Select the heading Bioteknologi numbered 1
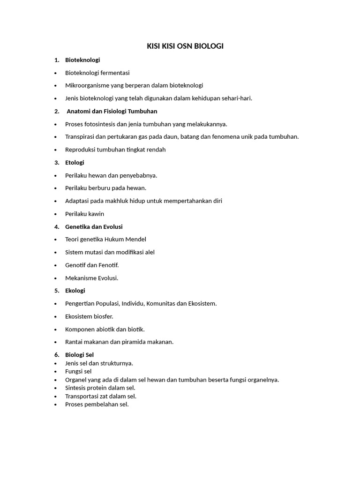[82, 60]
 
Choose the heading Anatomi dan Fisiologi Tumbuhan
[112, 111]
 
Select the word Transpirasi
[81, 137]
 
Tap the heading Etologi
[75, 163]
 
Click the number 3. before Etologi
[57, 163]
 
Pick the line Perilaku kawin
[84, 214]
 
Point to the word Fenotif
[108, 265]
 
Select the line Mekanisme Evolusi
[91, 278]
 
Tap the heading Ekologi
[75, 291]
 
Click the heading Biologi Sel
[79, 355]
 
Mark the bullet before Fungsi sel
[56, 372]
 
